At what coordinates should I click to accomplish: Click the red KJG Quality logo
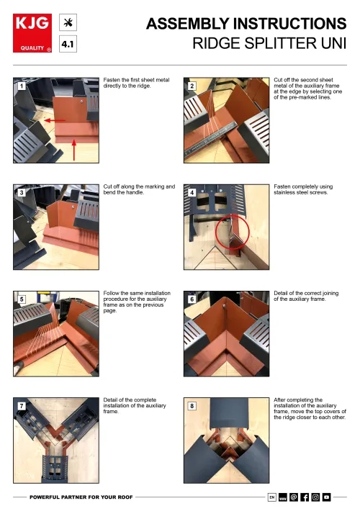tap(32, 33)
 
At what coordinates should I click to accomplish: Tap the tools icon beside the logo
tap(68, 22)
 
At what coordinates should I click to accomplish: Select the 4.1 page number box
tap(68, 44)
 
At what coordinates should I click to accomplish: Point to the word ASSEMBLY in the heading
tap(188, 24)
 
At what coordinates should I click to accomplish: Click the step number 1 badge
tap(22, 86)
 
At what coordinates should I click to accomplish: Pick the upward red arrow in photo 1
tap(74, 150)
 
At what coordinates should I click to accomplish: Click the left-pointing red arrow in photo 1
tap(55, 121)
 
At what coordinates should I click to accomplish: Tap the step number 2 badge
tap(192, 86)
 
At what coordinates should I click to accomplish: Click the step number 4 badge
tap(192, 193)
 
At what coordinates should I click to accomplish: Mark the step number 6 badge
tap(192, 299)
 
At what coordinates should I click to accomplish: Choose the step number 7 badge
tap(22, 406)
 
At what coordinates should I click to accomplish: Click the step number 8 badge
tap(192, 406)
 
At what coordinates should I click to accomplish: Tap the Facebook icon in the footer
tap(305, 497)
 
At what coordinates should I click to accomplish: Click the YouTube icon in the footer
tap(326, 497)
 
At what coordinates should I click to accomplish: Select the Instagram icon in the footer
tap(315, 497)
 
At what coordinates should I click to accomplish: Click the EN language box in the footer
tap(272, 497)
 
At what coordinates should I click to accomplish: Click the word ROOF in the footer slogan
tap(125, 497)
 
